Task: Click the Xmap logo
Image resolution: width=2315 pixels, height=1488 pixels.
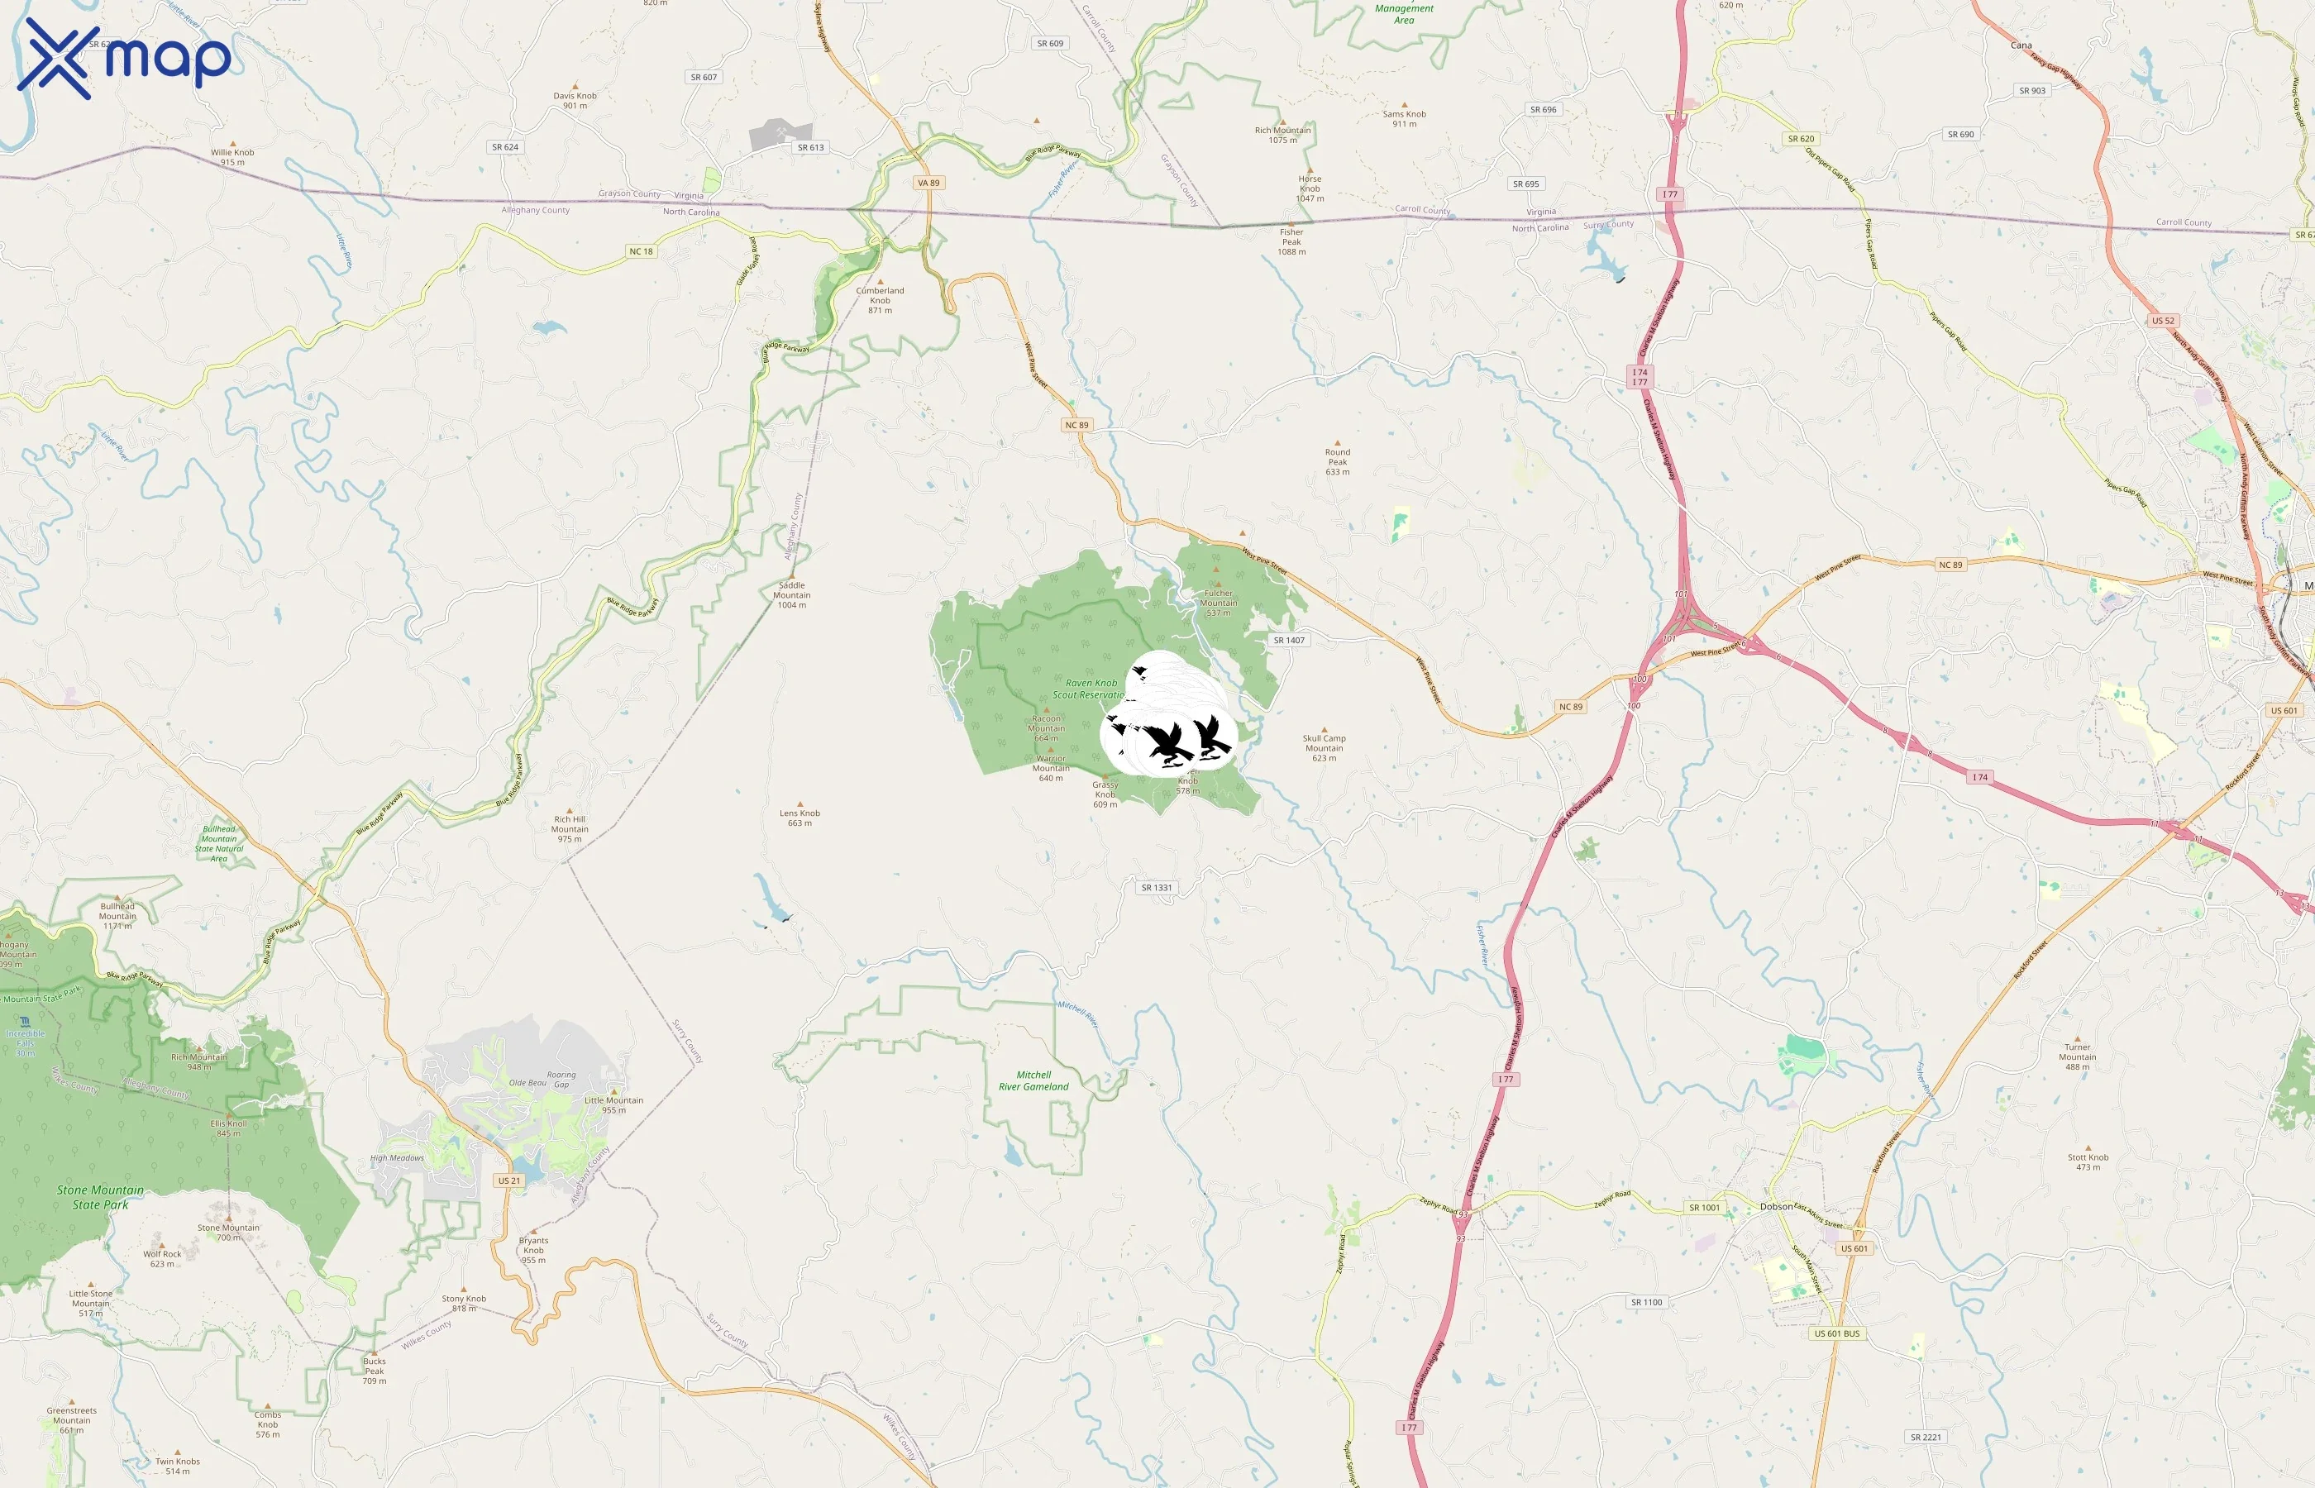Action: (x=124, y=58)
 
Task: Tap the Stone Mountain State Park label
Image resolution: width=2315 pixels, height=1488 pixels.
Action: (x=101, y=1197)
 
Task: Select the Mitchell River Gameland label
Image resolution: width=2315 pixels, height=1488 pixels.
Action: (x=1033, y=1080)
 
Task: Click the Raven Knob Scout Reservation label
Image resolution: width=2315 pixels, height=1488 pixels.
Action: (x=1089, y=688)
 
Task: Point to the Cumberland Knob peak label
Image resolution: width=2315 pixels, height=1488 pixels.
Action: (x=879, y=299)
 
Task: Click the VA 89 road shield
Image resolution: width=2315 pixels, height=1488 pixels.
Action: (x=928, y=183)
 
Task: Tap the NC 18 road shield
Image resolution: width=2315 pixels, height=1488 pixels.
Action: (x=642, y=251)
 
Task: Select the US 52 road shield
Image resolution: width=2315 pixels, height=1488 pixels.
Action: (x=2162, y=321)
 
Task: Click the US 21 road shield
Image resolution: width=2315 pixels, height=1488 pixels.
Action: (x=509, y=1180)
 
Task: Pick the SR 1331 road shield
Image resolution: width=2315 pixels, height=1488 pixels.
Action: (x=1156, y=887)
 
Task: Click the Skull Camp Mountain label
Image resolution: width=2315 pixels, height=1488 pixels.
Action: (x=1324, y=747)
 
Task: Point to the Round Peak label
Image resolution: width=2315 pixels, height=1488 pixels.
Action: (x=1337, y=461)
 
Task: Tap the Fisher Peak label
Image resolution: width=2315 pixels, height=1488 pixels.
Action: (x=1291, y=241)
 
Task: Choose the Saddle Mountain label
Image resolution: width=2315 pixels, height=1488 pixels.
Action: (x=791, y=594)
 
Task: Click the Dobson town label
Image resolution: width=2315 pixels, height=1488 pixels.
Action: (x=1776, y=1207)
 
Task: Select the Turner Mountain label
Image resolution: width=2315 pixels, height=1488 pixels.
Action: (x=2078, y=1056)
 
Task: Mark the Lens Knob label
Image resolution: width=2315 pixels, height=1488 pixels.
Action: (x=799, y=818)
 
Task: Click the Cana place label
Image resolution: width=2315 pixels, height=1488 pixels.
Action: (x=2021, y=45)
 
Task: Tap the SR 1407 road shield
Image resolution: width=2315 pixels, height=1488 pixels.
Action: (x=1288, y=640)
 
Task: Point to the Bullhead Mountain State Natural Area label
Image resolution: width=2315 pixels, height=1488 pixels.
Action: (x=219, y=842)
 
